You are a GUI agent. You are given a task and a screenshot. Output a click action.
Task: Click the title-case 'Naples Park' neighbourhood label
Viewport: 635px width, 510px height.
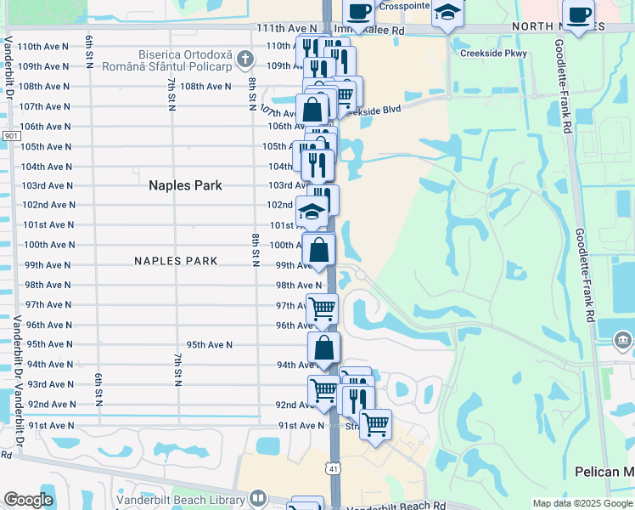point(185,185)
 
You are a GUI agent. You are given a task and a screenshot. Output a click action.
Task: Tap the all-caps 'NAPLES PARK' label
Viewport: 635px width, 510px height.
point(176,261)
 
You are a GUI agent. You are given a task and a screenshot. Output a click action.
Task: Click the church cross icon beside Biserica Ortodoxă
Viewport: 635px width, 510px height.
point(245,59)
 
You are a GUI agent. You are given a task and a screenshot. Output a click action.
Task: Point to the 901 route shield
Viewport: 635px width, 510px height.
point(11,136)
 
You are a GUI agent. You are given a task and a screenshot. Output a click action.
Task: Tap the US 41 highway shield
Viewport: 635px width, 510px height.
point(333,467)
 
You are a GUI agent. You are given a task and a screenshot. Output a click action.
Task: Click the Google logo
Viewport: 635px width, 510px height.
point(28,500)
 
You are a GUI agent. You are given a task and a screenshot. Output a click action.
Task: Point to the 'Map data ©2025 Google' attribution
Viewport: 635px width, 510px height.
point(582,503)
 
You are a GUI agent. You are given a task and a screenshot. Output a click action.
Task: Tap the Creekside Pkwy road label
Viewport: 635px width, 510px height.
point(493,54)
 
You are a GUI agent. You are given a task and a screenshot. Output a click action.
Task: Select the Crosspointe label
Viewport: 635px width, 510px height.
point(402,6)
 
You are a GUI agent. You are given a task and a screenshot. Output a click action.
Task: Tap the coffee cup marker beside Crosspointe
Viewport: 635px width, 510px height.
point(358,11)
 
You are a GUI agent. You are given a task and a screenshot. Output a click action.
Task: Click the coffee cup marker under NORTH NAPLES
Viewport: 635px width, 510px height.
point(578,15)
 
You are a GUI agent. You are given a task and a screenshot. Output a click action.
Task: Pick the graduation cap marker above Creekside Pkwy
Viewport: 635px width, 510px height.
point(447,13)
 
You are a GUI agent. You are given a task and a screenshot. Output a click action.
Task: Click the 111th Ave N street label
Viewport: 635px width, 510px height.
point(287,28)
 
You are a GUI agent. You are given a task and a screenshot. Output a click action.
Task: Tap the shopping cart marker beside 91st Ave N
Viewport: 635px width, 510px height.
point(375,423)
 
